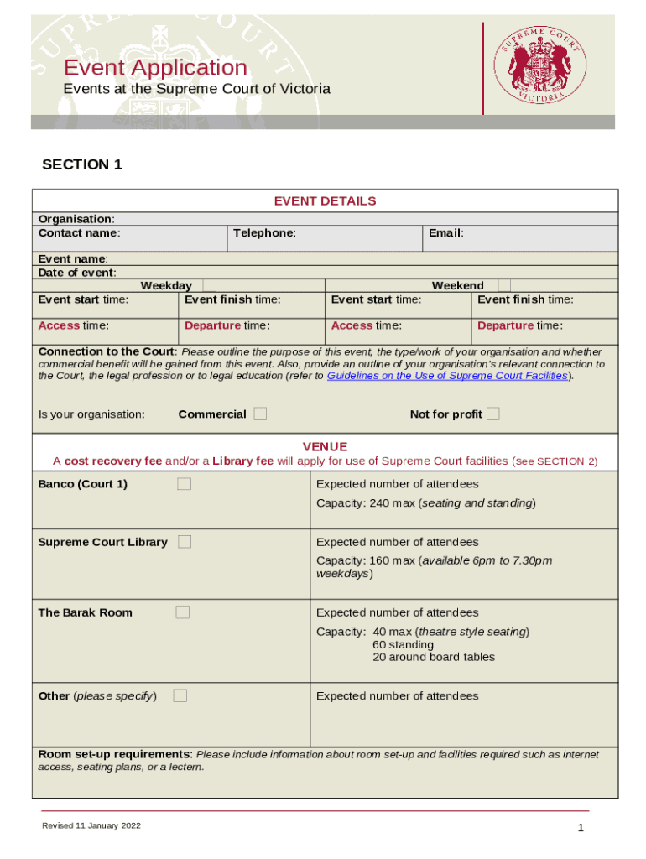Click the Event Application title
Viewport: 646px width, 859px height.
155,68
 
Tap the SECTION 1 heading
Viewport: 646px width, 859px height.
82,164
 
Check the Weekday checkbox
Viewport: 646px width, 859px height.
210,285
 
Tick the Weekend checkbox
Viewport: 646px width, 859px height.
503,285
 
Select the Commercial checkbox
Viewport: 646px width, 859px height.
260,414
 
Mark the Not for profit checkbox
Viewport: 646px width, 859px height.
493,414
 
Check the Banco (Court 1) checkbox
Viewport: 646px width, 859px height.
184,484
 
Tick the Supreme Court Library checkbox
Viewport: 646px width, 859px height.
185,542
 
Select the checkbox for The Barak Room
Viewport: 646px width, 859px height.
182,612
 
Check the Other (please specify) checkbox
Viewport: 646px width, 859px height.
180,695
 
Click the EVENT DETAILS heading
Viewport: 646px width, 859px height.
325,200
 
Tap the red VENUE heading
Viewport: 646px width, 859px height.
325,446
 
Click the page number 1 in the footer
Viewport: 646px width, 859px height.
580,829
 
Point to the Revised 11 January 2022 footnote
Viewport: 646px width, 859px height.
91,826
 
